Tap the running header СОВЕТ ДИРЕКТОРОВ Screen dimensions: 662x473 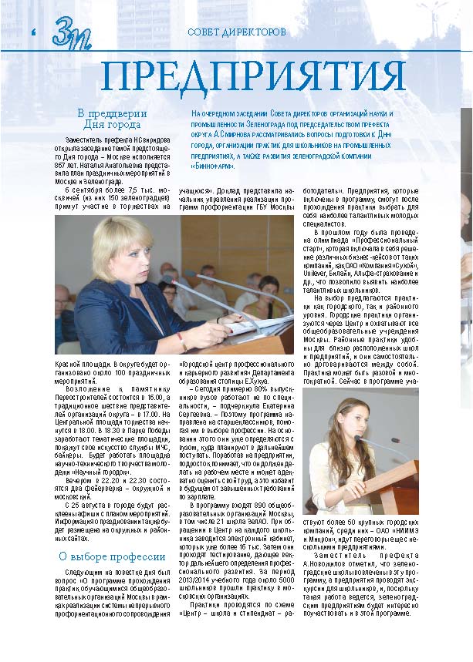236,32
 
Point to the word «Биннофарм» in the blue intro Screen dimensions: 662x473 215,166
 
